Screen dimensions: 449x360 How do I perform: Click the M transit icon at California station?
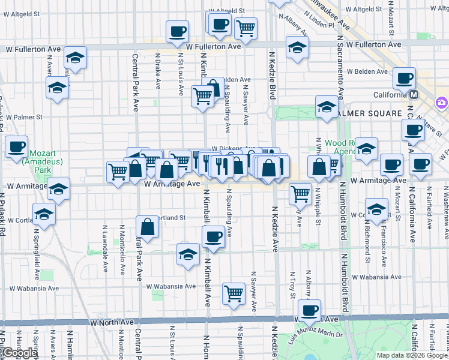click(x=414, y=95)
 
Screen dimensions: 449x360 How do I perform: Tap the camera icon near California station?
click(x=442, y=102)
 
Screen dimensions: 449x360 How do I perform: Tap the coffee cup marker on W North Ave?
click(x=310, y=310)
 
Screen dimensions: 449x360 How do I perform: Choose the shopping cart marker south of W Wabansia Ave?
click(x=234, y=293)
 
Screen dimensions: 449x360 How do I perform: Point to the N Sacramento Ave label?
click(x=340, y=66)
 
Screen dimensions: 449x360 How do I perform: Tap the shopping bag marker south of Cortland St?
click(x=147, y=227)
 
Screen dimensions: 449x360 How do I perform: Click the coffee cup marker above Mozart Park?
click(x=17, y=146)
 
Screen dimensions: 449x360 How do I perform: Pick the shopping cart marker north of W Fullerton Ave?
click(x=245, y=27)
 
